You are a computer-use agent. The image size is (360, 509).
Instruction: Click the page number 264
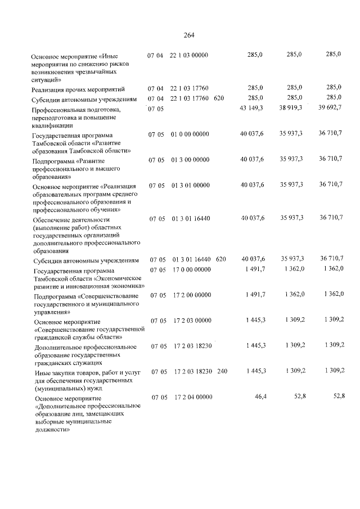[188, 35]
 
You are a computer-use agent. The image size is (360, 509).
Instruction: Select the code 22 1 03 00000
[188, 55]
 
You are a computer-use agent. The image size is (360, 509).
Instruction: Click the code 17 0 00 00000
[191, 269]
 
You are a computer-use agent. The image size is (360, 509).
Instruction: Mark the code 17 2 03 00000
[192, 320]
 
